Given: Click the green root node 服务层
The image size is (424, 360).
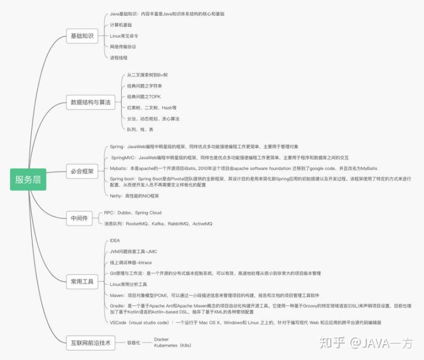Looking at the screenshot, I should pyautogui.click(x=28, y=179).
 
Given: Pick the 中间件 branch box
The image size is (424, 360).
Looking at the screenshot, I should pyautogui.click(x=79, y=218).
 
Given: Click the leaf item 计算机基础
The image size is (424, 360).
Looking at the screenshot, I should pyautogui.click(x=121, y=25).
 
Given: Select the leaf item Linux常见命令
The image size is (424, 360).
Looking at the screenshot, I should pyautogui.click(x=124, y=36).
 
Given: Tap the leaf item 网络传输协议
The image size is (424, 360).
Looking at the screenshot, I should pyautogui.click(x=122, y=46).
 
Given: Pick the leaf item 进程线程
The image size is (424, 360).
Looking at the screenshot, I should pyautogui.click(x=118, y=58).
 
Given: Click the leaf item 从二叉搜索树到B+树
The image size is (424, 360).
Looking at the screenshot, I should pyautogui.click(x=147, y=75).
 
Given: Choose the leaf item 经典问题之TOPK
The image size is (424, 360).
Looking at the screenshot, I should pyautogui.click(x=144, y=97).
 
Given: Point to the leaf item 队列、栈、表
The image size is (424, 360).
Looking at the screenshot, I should pyautogui.click(x=140, y=129).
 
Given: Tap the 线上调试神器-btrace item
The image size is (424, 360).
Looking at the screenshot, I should pyautogui.click(x=131, y=262).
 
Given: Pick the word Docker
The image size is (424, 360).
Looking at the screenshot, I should pyautogui.click(x=161, y=339).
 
